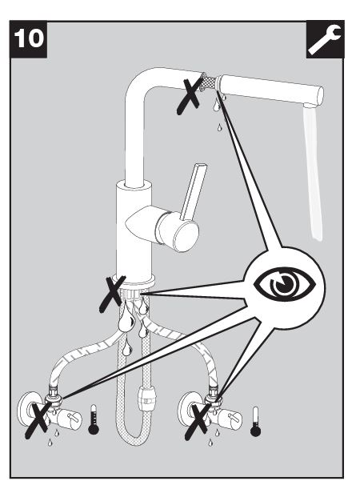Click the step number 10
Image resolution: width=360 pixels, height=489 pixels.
click(x=29, y=38)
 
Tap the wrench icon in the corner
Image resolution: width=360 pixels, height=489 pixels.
click(x=325, y=38)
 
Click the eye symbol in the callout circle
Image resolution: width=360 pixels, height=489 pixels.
click(x=285, y=284)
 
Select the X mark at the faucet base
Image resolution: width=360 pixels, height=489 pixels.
click(x=112, y=294)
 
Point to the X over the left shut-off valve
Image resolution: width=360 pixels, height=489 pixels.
click(x=38, y=420)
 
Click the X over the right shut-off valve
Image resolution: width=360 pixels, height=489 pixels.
click(x=198, y=421)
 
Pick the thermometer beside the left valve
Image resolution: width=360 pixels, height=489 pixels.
click(x=94, y=419)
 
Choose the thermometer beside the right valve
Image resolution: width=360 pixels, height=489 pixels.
click(x=255, y=421)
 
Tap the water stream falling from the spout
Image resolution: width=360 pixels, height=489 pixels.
click(x=313, y=173)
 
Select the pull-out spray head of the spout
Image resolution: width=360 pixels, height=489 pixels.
click(x=270, y=89)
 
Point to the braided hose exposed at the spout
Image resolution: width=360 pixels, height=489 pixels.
click(x=208, y=81)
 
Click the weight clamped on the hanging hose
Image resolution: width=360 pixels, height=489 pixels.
click(x=145, y=399)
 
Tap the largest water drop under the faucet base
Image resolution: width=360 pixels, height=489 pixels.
click(x=126, y=320)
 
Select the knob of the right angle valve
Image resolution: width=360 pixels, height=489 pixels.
click(x=231, y=419)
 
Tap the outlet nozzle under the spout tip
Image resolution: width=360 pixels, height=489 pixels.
click(x=310, y=106)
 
